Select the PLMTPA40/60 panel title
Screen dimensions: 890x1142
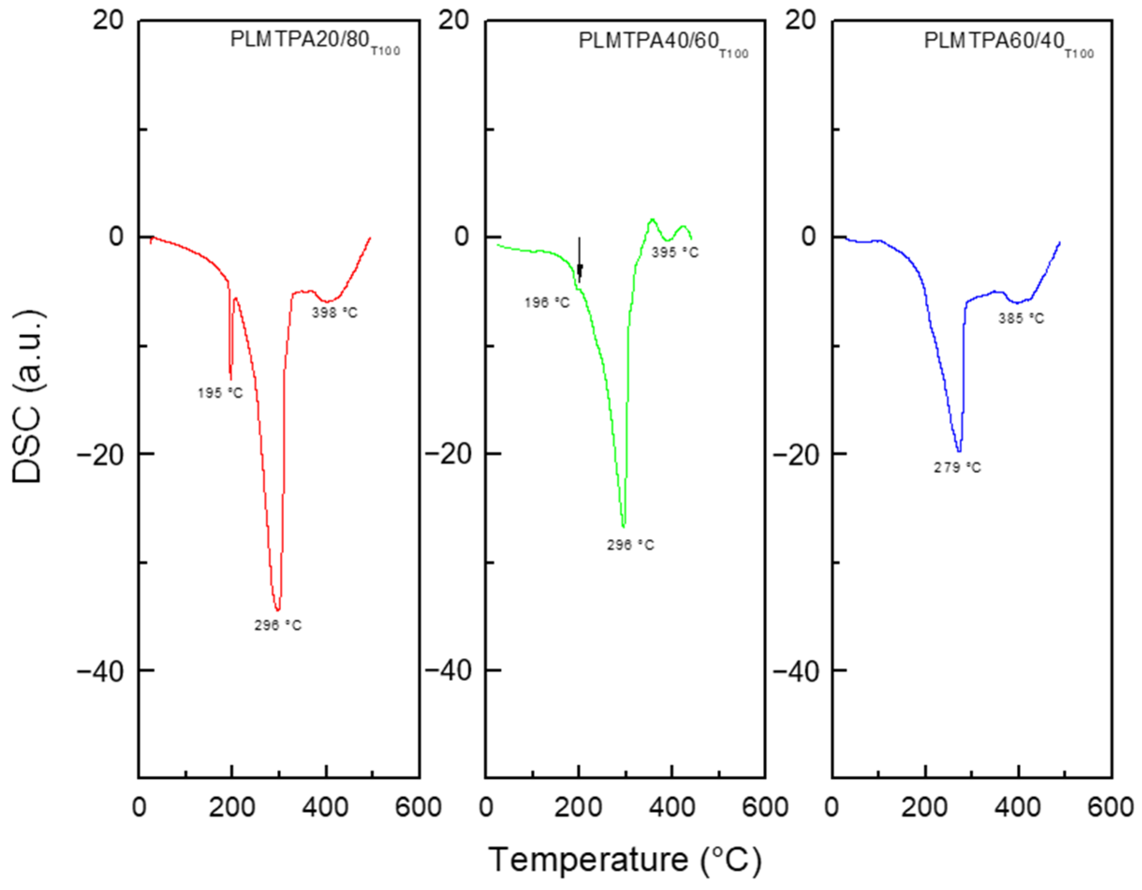(663, 42)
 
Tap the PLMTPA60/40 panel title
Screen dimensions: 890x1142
(1008, 42)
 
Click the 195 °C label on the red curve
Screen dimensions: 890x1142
(220, 393)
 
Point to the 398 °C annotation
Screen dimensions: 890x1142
(335, 313)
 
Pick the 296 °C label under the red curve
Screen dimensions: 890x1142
(278, 625)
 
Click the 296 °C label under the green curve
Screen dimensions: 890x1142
(630, 545)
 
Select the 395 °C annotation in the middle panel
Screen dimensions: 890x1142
(674, 252)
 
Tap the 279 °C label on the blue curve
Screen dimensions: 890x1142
(958, 468)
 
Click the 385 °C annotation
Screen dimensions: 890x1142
(1021, 318)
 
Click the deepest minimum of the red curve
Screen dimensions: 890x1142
(278, 610)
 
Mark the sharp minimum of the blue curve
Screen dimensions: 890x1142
(959, 451)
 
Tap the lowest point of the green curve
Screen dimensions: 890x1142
(623, 527)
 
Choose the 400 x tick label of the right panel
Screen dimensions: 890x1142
(1018, 808)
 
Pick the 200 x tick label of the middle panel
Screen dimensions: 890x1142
(578, 808)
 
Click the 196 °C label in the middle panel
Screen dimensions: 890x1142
(547, 303)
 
